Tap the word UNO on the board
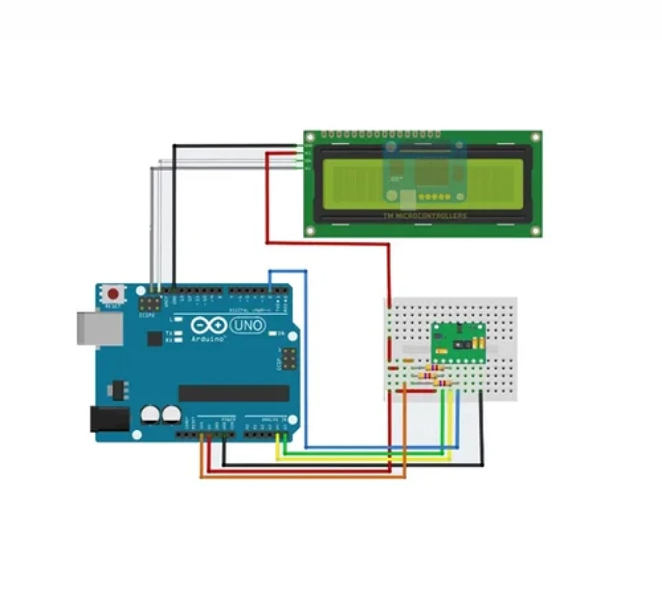pos(248,325)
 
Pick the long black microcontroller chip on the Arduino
pos(233,393)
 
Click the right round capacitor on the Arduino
pos(171,414)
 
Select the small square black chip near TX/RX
pos(155,338)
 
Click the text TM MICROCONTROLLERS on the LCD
pos(424,216)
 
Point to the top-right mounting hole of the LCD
pos(535,137)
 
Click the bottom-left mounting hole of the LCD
pos(311,230)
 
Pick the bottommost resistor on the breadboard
pos(442,383)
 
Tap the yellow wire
pos(362,460)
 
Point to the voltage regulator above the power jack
pos(118,390)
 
